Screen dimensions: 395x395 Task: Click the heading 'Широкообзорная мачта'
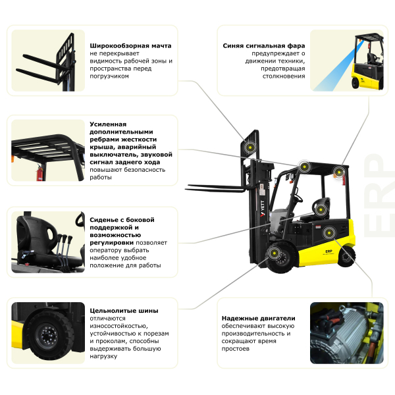click(x=130, y=45)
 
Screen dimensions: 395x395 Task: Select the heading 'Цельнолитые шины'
click(x=124, y=310)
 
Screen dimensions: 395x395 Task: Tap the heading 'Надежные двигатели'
click(x=259, y=318)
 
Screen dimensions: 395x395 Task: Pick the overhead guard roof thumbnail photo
click(x=47, y=151)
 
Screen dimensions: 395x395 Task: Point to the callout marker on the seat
click(x=321, y=209)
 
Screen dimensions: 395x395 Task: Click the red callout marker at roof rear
click(x=338, y=172)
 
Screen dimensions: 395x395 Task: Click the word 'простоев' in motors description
click(x=236, y=348)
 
